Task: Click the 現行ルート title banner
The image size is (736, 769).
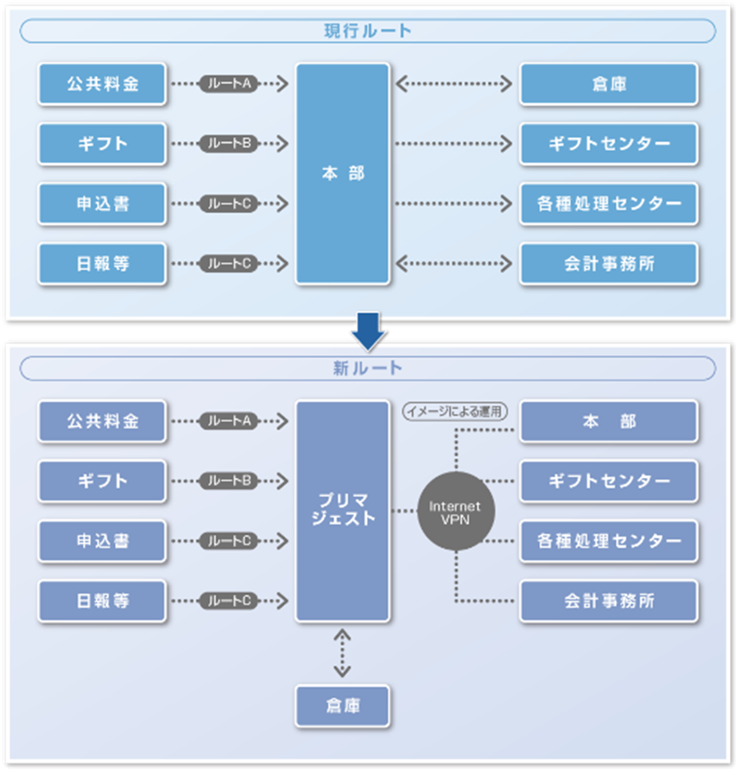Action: point(367,31)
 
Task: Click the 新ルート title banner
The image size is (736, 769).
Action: point(367,368)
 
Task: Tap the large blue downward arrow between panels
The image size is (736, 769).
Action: point(368,331)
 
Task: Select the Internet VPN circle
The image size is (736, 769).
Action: point(455,512)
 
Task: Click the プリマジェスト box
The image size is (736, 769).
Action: point(343,510)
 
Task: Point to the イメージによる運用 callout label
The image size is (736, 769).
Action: point(454,411)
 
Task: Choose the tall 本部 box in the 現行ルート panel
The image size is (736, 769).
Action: point(343,173)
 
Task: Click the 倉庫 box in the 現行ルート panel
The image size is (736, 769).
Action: point(608,84)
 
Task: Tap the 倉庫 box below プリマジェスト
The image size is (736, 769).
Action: point(343,706)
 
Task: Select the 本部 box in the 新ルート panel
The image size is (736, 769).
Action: point(608,421)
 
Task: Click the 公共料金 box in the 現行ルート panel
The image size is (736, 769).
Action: point(103,84)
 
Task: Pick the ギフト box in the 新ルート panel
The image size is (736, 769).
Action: point(103,481)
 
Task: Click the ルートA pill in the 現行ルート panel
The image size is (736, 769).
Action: point(229,84)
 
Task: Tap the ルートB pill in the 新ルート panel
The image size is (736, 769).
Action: point(229,481)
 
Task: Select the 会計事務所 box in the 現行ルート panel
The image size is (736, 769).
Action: point(608,264)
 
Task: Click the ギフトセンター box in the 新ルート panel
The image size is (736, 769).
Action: point(608,481)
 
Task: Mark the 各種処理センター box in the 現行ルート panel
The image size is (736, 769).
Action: point(608,204)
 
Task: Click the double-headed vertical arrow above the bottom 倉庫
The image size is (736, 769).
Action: point(342,653)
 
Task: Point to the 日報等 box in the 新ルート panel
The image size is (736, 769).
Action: point(103,601)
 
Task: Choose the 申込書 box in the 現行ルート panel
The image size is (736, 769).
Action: point(103,204)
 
